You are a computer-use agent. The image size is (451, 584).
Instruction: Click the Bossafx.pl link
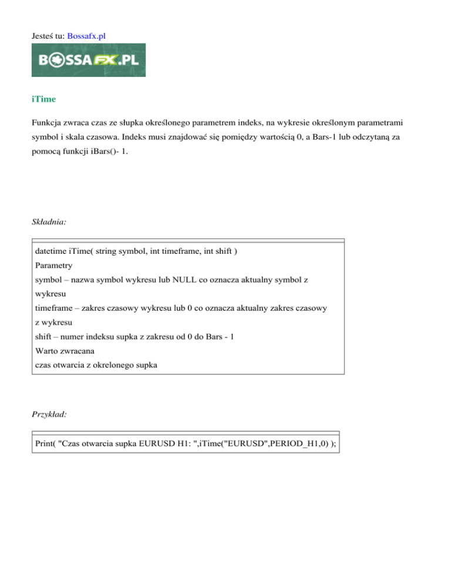[87, 35]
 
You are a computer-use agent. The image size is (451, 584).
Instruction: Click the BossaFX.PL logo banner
[89, 60]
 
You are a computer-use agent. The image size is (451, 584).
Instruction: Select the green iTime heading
[44, 99]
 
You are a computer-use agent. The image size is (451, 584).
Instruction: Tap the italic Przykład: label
[49, 414]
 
